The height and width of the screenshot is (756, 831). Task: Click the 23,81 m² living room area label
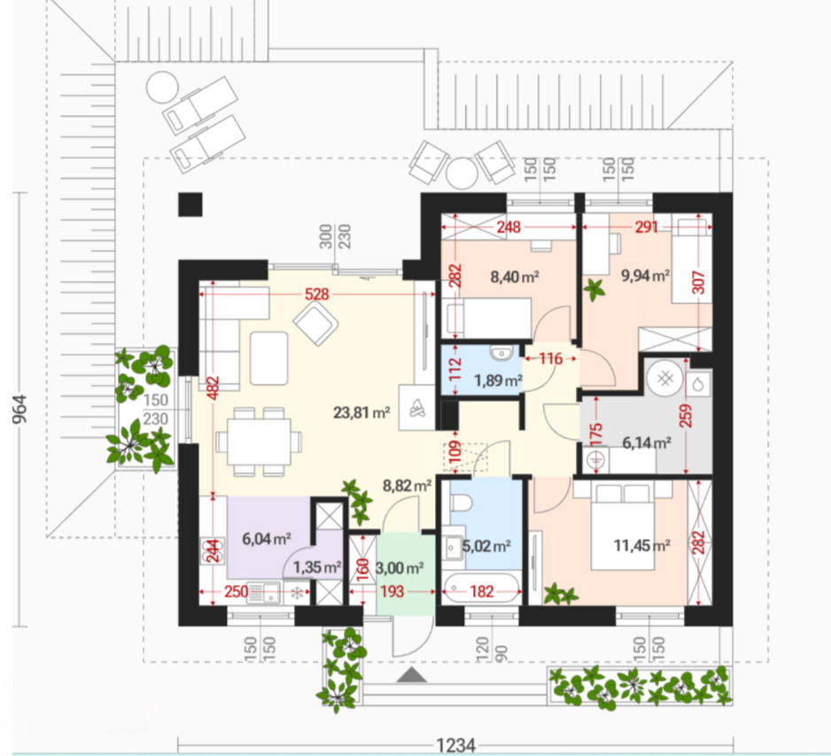pos(361,412)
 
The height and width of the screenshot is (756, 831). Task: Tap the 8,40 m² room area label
pos(515,277)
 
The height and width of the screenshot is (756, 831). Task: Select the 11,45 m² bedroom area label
pos(641,545)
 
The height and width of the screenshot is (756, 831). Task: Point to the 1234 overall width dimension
pos(455,745)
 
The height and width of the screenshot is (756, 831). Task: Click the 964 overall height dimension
pos(19,409)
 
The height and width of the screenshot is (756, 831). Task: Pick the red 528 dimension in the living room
pos(316,293)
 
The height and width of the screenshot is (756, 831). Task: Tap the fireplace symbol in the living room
pos(417,408)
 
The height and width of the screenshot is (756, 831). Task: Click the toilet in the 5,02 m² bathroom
pos(461,501)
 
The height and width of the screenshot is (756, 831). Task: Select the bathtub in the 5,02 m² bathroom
pos(482,588)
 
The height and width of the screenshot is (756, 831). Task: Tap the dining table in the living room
pos(260,441)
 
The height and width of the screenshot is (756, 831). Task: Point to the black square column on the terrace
pos(190,205)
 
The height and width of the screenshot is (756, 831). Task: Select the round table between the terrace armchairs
pos(462,173)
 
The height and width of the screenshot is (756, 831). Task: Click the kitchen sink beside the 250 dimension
pos(263,593)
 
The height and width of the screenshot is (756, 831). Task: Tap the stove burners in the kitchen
pos(213,551)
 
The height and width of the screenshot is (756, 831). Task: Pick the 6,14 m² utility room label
pos(647,442)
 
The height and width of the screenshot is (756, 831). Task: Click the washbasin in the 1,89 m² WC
pos(500,353)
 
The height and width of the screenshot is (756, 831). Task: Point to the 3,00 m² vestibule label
pos(400,568)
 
